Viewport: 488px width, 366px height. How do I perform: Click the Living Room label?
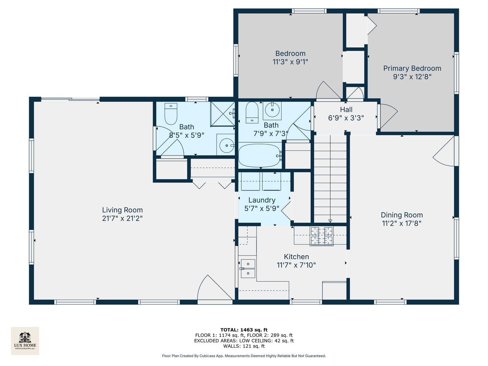(122, 210)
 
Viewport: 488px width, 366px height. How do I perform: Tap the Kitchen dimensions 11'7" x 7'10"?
(296, 265)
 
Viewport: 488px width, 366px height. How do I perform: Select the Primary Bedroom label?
(412, 68)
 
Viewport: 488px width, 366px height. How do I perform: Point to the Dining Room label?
(402, 215)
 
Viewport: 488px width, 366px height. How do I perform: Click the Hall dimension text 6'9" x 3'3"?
(346, 118)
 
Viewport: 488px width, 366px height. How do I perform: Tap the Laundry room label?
(262, 200)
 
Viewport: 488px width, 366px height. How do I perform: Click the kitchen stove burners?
(322, 236)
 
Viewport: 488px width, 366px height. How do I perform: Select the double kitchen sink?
(248, 268)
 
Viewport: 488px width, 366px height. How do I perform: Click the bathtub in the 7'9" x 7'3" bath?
(260, 155)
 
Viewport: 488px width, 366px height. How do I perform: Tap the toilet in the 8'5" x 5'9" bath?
(170, 114)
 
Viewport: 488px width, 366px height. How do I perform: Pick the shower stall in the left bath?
(223, 114)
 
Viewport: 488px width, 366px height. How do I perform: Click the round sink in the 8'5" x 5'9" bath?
(227, 146)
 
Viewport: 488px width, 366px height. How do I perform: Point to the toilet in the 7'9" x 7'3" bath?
(252, 113)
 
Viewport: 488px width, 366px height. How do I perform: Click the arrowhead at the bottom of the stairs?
(330, 221)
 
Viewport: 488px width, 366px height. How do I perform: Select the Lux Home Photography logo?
(25, 341)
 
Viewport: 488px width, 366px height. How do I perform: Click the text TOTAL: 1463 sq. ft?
(244, 330)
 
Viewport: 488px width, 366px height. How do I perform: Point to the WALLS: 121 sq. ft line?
(244, 346)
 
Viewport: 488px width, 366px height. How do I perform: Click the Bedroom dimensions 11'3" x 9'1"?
(290, 62)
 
